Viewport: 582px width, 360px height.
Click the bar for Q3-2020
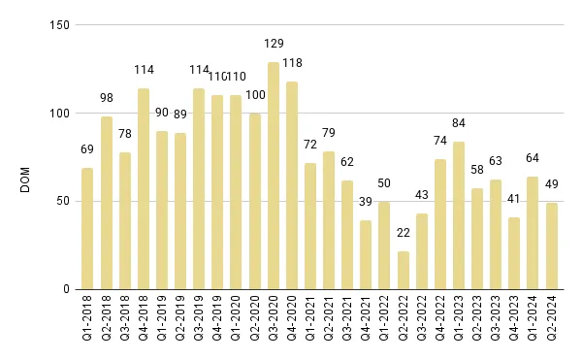tap(274, 176)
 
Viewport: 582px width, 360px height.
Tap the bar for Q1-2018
tap(88, 229)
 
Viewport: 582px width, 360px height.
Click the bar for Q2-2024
tap(552, 246)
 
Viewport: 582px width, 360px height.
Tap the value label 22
tap(404, 234)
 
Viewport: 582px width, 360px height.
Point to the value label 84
tap(459, 123)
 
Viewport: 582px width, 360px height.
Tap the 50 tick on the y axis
tap(61, 201)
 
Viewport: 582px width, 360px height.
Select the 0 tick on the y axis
tap(64, 289)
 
